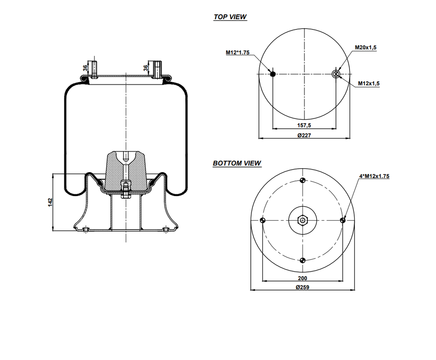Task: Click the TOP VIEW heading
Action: (230, 17)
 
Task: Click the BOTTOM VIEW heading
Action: (237, 163)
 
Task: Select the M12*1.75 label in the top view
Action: (237, 52)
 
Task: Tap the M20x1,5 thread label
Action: (366, 48)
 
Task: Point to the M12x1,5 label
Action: (369, 84)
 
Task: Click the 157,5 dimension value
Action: (304, 125)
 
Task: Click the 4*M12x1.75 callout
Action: (374, 176)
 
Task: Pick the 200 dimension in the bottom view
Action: (303, 278)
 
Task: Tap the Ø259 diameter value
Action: (303, 287)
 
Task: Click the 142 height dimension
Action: (50, 202)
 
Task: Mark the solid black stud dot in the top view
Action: (273, 74)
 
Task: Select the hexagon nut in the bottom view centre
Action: (303, 220)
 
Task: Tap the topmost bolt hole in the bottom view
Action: (303, 179)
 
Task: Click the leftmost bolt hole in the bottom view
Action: (262, 220)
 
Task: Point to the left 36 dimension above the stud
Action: (85, 68)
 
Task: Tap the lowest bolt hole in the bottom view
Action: (303, 261)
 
